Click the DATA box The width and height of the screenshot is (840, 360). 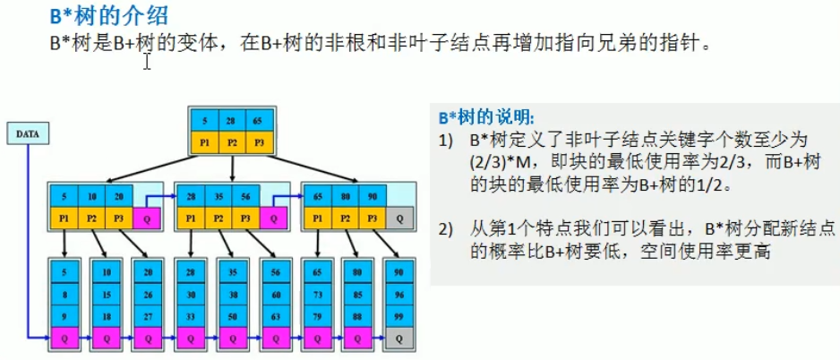click(x=28, y=134)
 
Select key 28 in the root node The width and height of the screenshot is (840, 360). click(x=231, y=119)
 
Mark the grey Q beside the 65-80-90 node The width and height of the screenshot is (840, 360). click(x=399, y=218)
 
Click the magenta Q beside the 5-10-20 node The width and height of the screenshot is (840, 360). click(x=148, y=218)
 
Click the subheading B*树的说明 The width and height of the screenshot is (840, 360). click(x=488, y=117)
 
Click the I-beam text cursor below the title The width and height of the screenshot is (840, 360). click(x=147, y=60)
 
